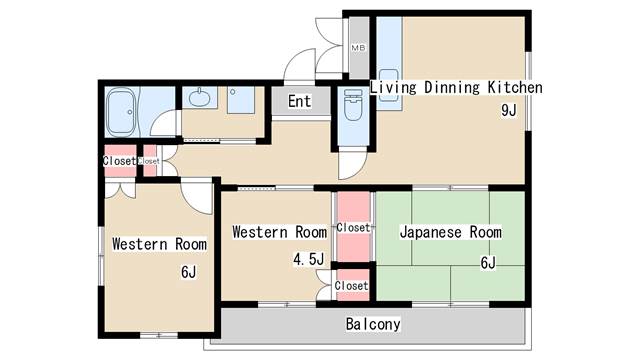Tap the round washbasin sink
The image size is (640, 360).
click(x=199, y=99)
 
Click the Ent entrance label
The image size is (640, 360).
click(x=299, y=102)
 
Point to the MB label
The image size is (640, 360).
click(x=357, y=48)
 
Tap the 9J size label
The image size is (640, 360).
click(x=508, y=111)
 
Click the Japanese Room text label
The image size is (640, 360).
click(x=450, y=232)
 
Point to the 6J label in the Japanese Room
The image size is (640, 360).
click(x=488, y=262)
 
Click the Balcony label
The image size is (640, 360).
click(x=373, y=324)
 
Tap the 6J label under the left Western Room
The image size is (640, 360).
click(x=188, y=272)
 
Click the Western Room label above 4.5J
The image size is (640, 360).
click(x=279, y=232)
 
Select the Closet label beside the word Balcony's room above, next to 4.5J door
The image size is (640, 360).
click(x=351, y=286)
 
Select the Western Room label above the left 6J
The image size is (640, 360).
click(x=159, y=244)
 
